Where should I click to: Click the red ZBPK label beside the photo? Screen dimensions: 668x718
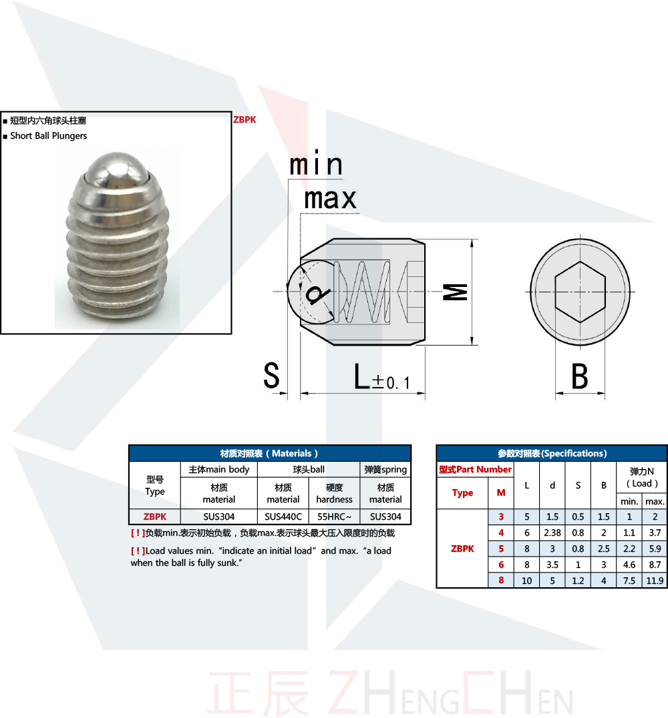[244, 119]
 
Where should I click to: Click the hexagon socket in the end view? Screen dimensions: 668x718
[580, 292]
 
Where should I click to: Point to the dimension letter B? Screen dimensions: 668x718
[580, 376]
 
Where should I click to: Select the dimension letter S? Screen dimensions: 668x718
[271, 376]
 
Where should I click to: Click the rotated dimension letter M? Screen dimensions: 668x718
[456, 292]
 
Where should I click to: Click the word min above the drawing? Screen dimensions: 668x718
[316, 163]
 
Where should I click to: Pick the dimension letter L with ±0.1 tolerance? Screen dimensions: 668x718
[382, 377]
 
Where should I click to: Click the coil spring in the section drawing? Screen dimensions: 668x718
[362, 292]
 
